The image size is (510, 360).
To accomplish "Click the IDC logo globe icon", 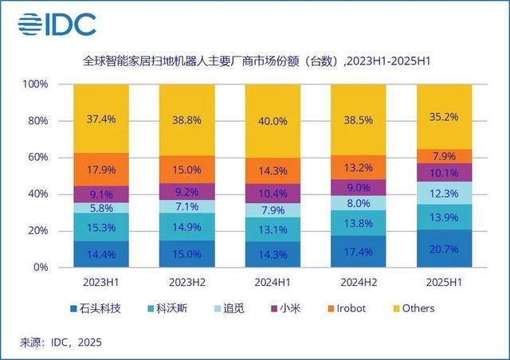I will click(29, 24).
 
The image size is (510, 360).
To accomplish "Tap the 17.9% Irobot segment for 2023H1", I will click(101, 170).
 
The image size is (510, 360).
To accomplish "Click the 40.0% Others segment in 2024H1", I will click(273, 120).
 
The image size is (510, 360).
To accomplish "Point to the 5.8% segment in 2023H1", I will click(101, 208).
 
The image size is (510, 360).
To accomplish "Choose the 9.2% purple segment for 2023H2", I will click(187, 191).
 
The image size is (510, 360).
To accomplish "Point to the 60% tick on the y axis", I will click(36, 158).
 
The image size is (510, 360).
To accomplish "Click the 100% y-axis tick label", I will click(34, 84).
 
